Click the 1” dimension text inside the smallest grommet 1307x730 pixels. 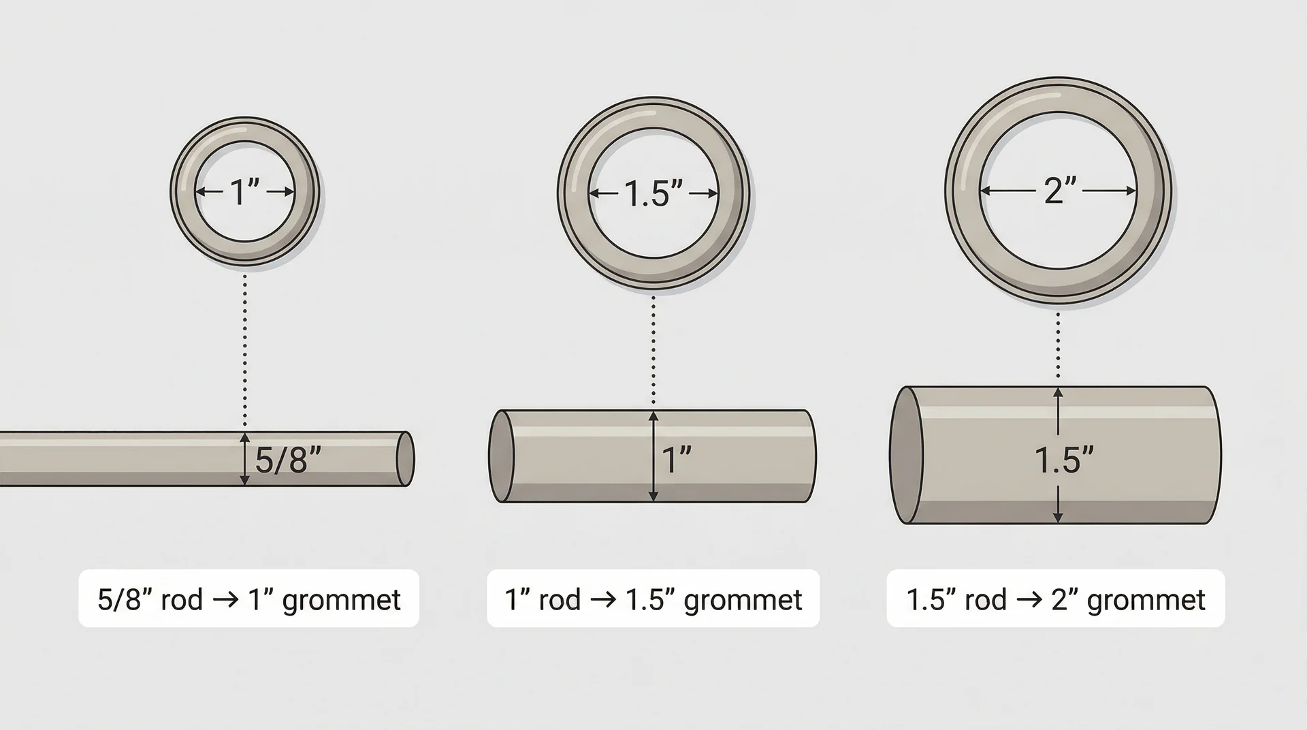(245, 192)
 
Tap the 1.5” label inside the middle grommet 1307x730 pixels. (653, 194)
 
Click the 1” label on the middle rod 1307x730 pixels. (677, 460)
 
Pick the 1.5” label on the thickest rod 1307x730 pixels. (1064, 460)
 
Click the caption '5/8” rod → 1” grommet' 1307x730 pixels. (248, 599)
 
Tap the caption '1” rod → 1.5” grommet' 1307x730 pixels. (653, 599)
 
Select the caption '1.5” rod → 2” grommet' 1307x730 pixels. (1055, 599)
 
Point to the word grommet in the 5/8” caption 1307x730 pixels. (341, 601)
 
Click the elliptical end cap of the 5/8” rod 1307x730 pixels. (405, 458)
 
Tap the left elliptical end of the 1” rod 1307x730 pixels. (502, 456)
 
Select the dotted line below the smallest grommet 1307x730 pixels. (245, 351)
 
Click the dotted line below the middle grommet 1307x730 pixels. (653, 351)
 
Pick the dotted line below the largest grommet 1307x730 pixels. (1058, 347)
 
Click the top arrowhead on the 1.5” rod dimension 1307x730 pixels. (1058, 393)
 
